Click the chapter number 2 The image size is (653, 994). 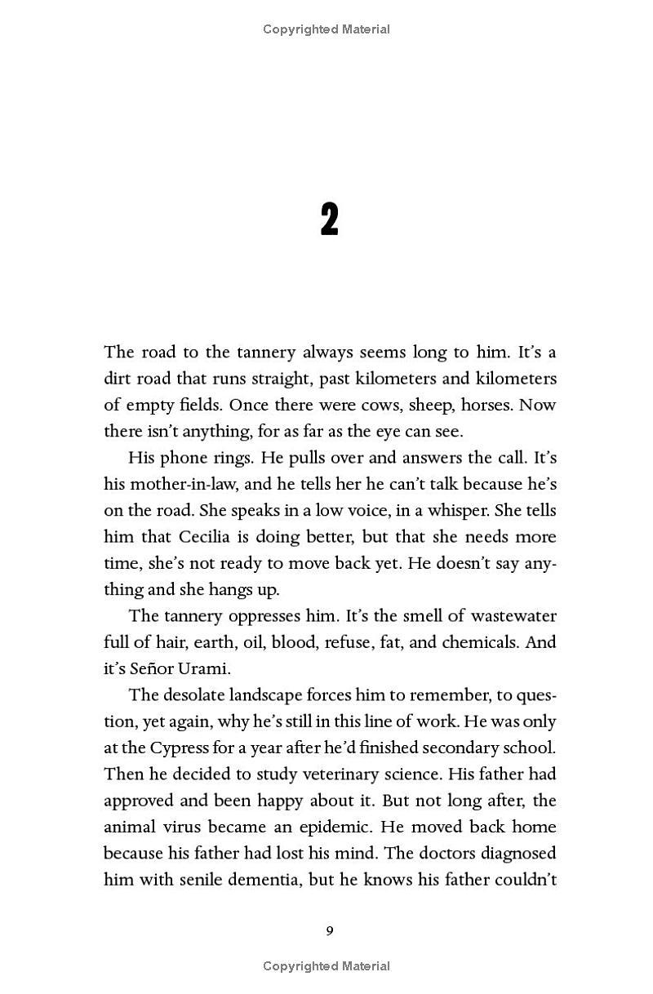329,220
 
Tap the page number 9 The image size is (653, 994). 329,931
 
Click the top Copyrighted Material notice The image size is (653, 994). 326,29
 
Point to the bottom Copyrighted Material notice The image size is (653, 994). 326,966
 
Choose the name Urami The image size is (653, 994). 198,668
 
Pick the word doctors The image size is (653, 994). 454,854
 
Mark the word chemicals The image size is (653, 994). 481,642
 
